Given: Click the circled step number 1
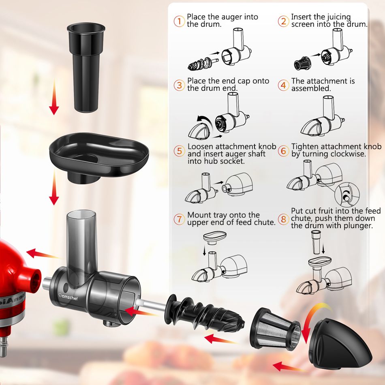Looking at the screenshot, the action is click(x=179, y=21).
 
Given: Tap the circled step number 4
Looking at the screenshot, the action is click(x=283, y=85).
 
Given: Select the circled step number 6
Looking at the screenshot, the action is click(x=283, y=151).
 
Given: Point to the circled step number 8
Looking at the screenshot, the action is click(x=283, y=219).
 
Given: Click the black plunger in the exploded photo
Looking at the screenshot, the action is click(x=86, y=68).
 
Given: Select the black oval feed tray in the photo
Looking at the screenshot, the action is click(x=99, y=158).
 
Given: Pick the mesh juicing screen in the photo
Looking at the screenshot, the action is click(x=275, y=329).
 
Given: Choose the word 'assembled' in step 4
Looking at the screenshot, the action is click(x=311, y=88).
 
